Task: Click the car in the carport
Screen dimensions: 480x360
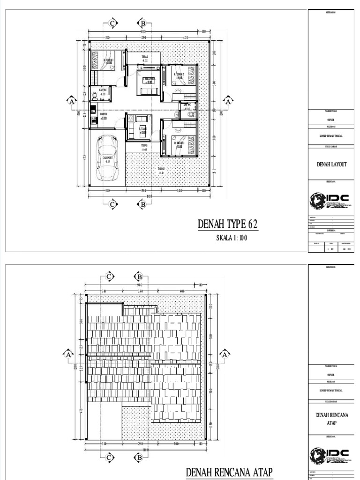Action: click(x=107, y=157)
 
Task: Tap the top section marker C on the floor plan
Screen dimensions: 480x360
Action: click(x=112, y=23)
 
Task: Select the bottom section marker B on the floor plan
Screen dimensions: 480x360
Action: click(x=142, y=204)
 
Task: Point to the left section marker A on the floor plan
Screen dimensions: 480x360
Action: click(x=71, y=101)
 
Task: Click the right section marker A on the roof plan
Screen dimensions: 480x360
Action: click(x=225, y=355)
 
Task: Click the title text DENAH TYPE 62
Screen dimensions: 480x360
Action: click(x=228, y=225)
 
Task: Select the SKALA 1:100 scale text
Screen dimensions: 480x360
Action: click(x=231, y=238)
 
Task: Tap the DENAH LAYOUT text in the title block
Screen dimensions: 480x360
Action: click(x=332, y=165)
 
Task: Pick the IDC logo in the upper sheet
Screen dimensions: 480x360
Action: click(x=331, y=201)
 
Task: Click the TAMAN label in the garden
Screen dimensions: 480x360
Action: click(x=161, y=171)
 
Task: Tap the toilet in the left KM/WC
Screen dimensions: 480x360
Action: click(x=95, y=96)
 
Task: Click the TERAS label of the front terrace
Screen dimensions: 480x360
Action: click(x=145, y=148)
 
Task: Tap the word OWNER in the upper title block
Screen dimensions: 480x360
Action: click(x=331, y=120)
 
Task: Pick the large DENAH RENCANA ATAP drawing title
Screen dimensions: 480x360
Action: click(x=229, y=472)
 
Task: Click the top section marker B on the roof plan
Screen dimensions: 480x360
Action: click(x=139, y=277)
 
